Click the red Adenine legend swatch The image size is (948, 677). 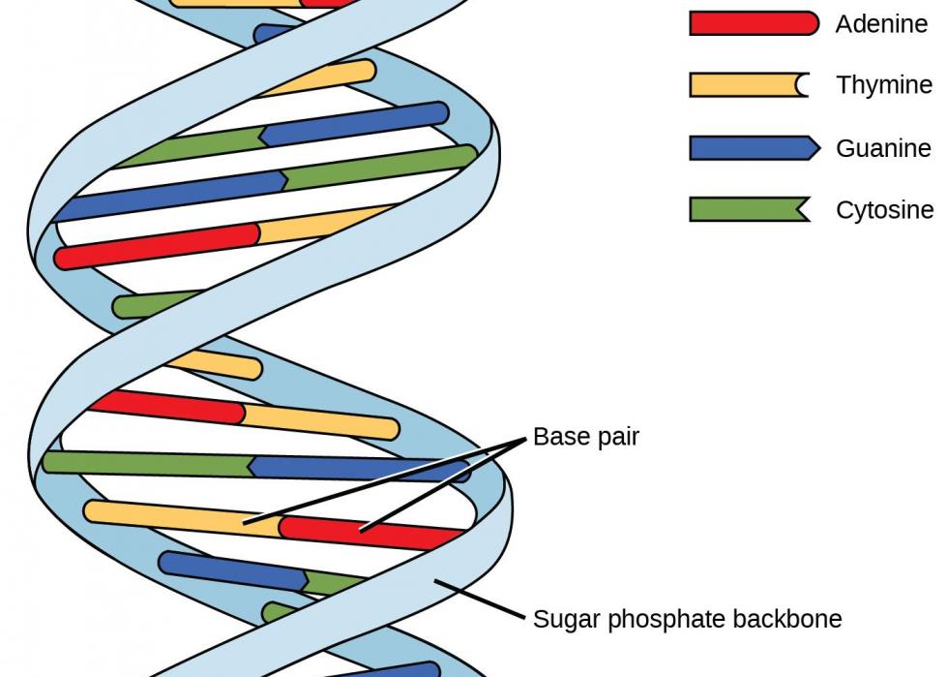[754, 23]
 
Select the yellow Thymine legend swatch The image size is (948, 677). [749, 85]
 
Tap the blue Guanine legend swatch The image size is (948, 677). [755, 148]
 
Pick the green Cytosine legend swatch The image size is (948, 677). [750, 209]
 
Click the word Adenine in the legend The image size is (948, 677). [881, 24]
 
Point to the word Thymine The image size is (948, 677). [884, 85]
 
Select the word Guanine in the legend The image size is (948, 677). [883, 148]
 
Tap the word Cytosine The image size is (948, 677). [885, 210]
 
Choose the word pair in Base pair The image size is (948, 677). [617, 437]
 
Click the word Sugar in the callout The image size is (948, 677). [568, 620]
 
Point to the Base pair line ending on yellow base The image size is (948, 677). [385, 480]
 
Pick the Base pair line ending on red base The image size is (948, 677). [443, 484]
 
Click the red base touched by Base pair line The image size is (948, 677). [370, 533]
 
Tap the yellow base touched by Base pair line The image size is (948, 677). [183, 518]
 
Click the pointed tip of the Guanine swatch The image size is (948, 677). [819, 148]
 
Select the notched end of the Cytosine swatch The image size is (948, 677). [799, 210]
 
